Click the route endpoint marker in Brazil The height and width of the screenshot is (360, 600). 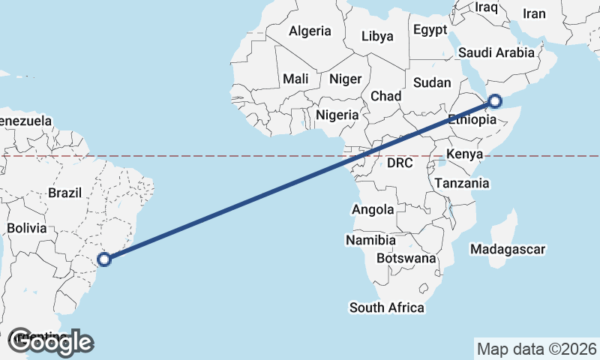[105, 259]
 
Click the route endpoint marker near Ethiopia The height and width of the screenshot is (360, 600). [495, 100]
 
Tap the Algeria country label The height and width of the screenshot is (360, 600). [310, 31]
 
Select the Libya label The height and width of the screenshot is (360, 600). [376, 36]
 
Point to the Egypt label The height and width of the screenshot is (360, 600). [430, 30]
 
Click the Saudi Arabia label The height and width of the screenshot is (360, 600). [496, 52]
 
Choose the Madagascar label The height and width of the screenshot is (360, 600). [508, 249]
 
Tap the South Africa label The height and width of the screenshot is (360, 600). [386, 307]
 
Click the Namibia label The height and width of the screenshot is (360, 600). [370, 241]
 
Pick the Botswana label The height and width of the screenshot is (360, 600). [406, 258]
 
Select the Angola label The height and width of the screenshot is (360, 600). [373, 210]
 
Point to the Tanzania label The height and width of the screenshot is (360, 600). [462, 183]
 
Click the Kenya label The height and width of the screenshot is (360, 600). [463, 154]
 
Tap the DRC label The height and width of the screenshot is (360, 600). [401, 163]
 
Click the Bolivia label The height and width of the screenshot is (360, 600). [26, 227]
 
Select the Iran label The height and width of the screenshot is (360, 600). [534, 13]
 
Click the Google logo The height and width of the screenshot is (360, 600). [50, 342]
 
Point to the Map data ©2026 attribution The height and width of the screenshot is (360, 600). [536, 349]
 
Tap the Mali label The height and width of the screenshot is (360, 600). [295, 79]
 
